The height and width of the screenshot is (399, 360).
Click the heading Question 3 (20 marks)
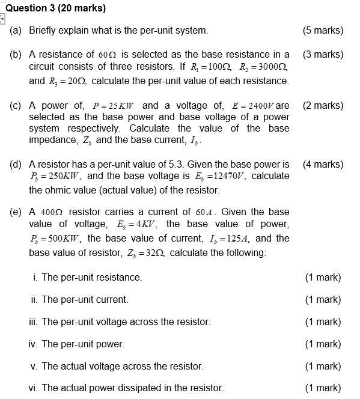click(55, 8)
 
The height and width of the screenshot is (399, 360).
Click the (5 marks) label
click(324, 30)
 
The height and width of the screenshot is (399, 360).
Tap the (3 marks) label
click(324, 54)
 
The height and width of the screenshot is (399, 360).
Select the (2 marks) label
click(324, 105)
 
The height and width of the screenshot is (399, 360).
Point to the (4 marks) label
click(324, 164)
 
